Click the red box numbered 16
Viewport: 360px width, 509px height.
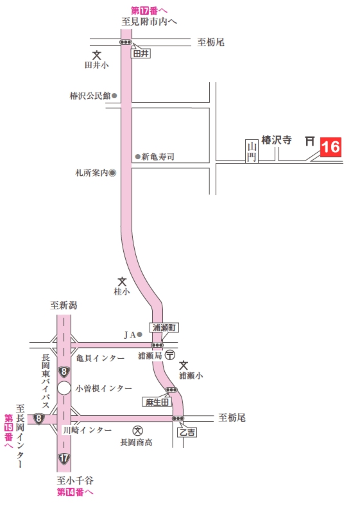330,147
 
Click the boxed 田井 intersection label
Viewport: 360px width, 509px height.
141,54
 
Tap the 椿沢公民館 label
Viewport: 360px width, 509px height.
90,96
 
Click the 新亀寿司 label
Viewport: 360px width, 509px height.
158,157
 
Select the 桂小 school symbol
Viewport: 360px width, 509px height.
122,281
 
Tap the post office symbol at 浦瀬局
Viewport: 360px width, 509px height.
170,354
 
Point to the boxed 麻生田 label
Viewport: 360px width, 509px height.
156,402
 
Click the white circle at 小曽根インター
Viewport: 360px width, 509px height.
64,388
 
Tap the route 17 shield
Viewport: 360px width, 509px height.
64,458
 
